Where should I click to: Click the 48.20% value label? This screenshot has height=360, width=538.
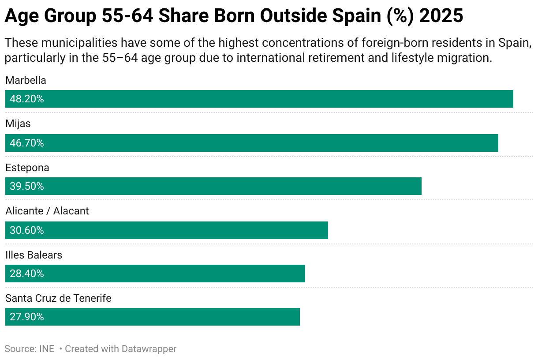pos(27,99)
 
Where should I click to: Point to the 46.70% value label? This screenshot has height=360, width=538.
pos(27,143)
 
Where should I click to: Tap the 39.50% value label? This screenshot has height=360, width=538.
pos(27,186)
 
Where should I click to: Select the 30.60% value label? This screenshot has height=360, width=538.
pos(27,230)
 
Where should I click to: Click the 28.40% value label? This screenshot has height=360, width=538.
pos(27,274)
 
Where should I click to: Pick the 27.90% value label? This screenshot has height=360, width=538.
pos(27,317)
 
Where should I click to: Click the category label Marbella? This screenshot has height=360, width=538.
pos(26,80)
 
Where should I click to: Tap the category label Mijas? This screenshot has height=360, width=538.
pos(18,124)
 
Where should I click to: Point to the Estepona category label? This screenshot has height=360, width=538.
pos(27,168)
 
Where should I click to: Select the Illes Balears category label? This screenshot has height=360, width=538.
pos(34,255)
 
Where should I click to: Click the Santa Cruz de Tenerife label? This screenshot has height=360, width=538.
pos(58,298)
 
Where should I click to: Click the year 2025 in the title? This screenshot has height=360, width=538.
pos(441,16)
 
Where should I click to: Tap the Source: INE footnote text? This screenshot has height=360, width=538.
pos(30,349)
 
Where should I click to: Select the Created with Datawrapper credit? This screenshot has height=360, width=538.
pos(120,349)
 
